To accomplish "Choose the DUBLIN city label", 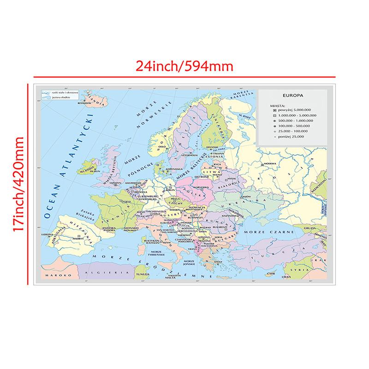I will (x=95, y=171).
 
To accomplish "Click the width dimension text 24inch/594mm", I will (x=184, y=66).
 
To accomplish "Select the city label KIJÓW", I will (x=246, y=196).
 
